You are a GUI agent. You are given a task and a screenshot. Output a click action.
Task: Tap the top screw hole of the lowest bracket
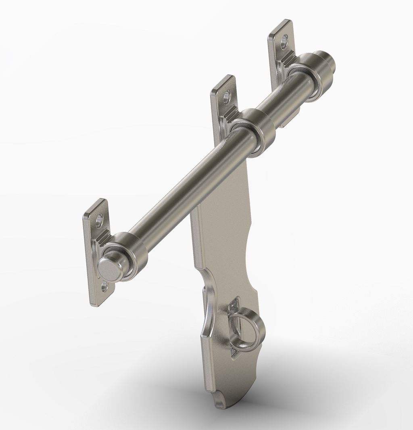(x=99, y=220)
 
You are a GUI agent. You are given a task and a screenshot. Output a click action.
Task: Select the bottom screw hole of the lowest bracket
(x=105, y=287)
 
